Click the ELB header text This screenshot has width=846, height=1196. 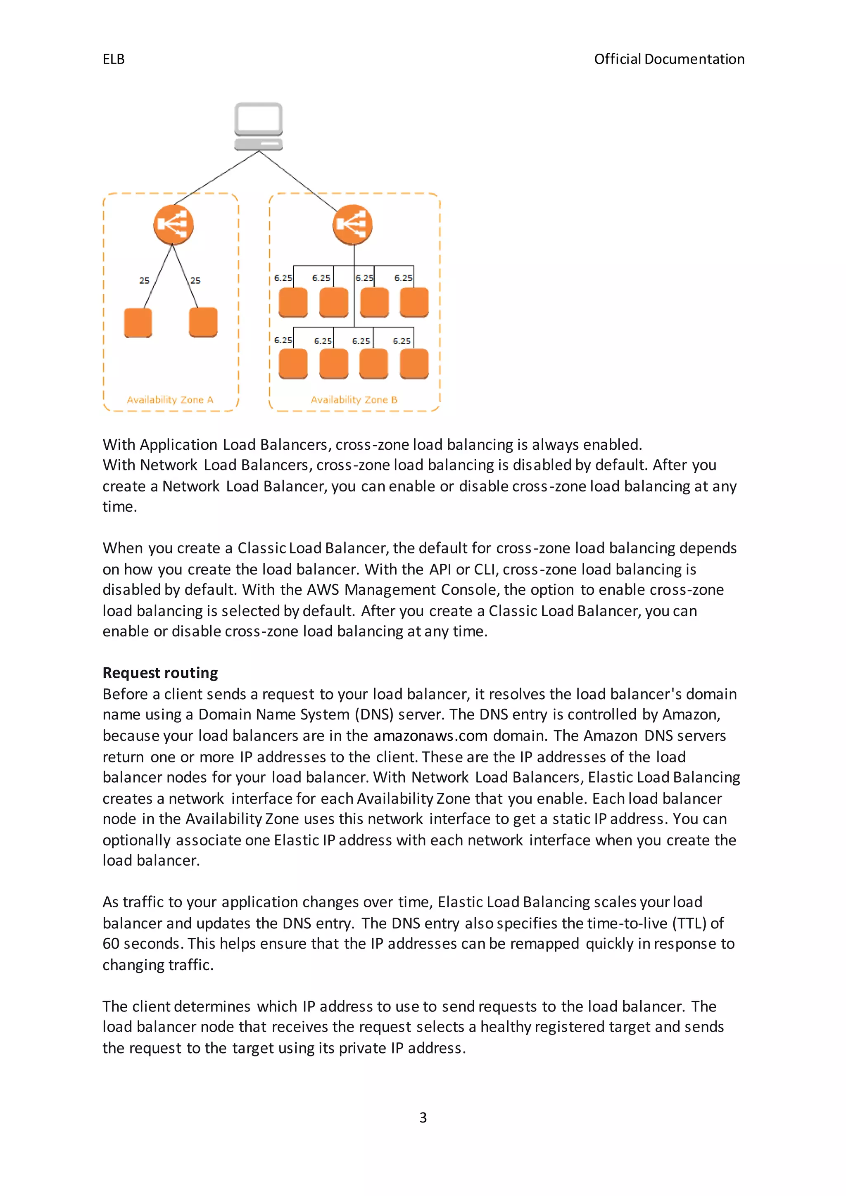click(x=113, y=59)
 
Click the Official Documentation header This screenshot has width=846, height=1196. click(x=669, y=59)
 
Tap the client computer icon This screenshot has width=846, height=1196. click(x=258, y=127)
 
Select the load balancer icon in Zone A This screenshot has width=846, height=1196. click(x=173, y=225)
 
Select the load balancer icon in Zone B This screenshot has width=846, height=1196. click(x=353, y=225)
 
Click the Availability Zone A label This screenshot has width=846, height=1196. click(x=170, y=399)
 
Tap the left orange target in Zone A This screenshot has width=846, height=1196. click(x=138, y=323)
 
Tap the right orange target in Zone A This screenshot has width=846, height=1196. click(x=203, y=322)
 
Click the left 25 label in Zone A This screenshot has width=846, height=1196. click(x=144, y=280)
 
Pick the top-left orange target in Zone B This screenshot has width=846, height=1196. click(x=293, y=302)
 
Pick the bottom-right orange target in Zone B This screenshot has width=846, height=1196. click(x=414, y=363)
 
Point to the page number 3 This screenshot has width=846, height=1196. click(x=423, y=1118)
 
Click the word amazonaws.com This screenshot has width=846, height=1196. click(x=430, y=736)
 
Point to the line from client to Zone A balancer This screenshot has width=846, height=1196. click(x=216, y=178)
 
